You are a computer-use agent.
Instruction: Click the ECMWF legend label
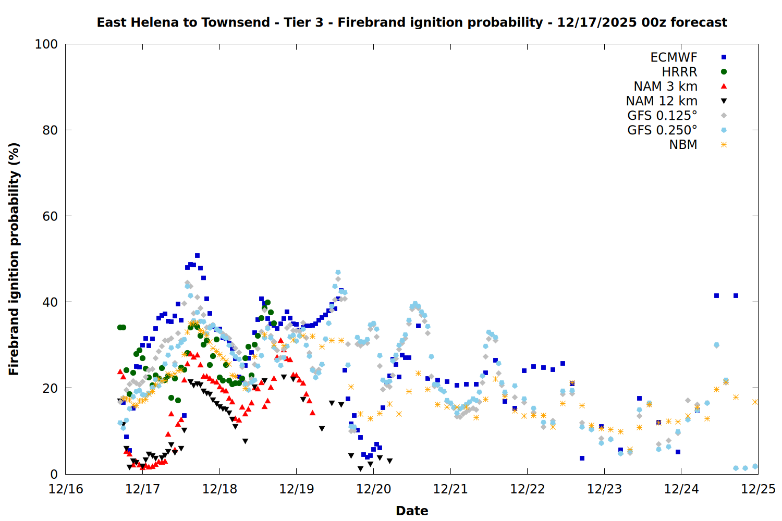pos(674,57)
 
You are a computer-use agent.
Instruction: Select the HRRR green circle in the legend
pos(724,72)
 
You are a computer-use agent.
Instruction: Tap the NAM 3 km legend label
pos(665,86)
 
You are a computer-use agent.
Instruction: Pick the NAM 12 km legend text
pos(662,101)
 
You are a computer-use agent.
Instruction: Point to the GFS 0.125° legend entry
pos(662,116)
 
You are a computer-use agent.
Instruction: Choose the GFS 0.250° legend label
pos(662,130)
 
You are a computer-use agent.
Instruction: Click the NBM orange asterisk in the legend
pos(724,145)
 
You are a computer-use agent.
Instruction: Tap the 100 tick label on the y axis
pos(46,44)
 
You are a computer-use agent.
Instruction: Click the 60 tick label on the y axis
pos(50,216)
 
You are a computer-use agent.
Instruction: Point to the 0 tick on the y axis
pos(54,474)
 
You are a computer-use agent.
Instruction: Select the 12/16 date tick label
pos(66,489)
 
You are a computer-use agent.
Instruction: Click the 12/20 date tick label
pos(374,489)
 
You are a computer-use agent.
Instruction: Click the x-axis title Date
pos(412,511)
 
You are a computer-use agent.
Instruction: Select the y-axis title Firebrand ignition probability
pos(14,259)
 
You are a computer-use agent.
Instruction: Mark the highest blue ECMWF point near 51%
pos(197,255)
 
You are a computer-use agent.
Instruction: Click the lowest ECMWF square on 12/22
pos(582,458)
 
